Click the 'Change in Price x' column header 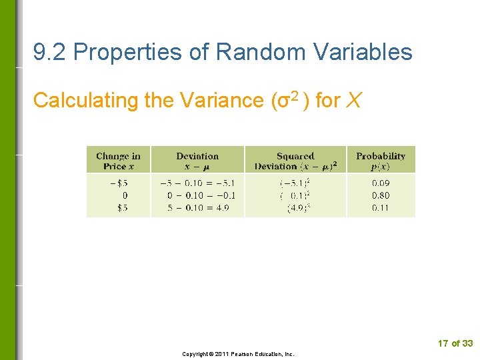click(118, 161)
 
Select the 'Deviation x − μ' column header click(197, 161)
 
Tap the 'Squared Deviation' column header click(295, 161)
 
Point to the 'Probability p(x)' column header click(381, 161)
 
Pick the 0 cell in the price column click(125, 195)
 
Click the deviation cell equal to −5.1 click(197, 183)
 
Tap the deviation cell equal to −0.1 click(197, 195)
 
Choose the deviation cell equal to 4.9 click(197, 208)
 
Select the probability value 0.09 click(381, 183)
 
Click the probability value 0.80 click(381, 195)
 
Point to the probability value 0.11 click(381, 208)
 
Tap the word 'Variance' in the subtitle click(220, 101)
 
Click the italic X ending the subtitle click(355, 101)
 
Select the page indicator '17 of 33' click(455, 343)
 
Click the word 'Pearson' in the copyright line click(254, 354)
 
